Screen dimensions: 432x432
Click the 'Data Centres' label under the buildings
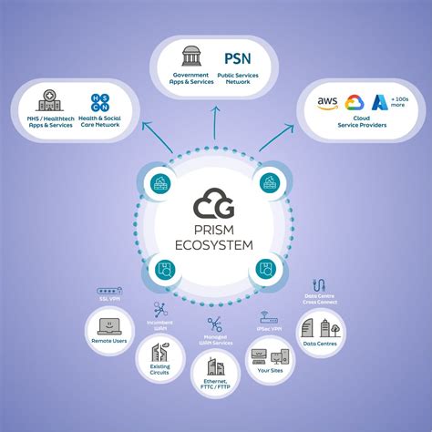321,344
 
